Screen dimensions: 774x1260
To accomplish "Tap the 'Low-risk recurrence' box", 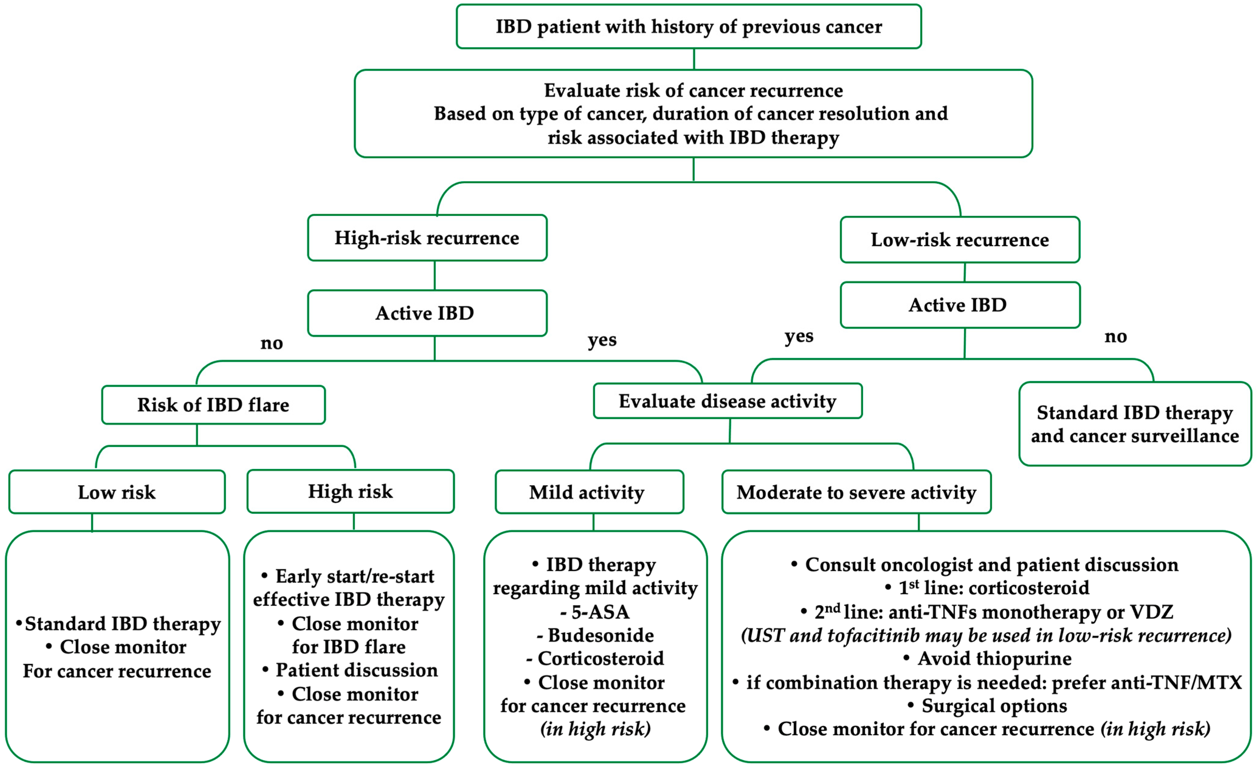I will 959,240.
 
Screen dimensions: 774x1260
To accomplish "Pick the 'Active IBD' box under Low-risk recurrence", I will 959,305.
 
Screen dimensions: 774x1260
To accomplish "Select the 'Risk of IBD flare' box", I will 213,405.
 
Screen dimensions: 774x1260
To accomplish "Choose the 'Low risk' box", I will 117,492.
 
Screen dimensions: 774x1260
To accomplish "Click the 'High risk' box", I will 350,491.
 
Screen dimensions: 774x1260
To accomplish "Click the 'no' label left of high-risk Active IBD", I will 271,343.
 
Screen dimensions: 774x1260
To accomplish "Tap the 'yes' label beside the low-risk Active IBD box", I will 798,336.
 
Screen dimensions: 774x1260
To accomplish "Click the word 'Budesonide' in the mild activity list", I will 601,635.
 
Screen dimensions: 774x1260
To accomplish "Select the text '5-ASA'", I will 600,612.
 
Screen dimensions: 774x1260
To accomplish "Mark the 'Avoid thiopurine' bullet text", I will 994,658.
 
